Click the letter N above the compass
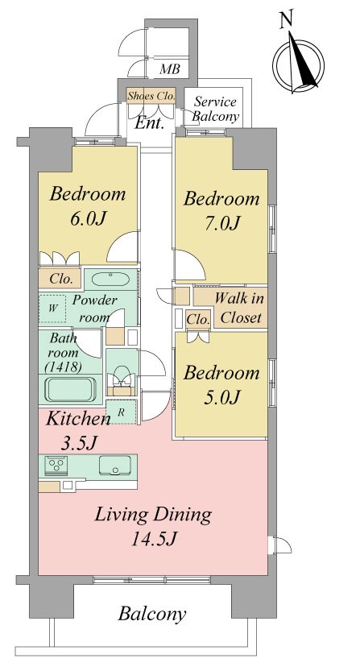(x=286, y=20)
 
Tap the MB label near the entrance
(x=169, y=69)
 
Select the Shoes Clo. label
(x=151, y=96)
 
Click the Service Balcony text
(x=215, y=109)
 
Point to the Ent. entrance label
(x=149, y=123)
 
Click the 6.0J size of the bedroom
(x=88, y=219)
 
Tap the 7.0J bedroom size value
(x=221, y=223)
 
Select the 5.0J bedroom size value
(x=221, y=398)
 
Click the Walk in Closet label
(x=239, y=308)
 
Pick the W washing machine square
(x=52, y=308)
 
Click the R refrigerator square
(x=121, y=412)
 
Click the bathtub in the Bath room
(x=70, y=389)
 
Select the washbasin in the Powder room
(x=110, y=280)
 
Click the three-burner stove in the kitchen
(x=56, y=465)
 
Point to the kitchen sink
(x=115, y=465)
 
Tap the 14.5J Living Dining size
(x=154, y=539)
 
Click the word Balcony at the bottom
(x=152, y=614)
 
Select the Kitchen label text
(x=78, y=419)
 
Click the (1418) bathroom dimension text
(x=63, y=367)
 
